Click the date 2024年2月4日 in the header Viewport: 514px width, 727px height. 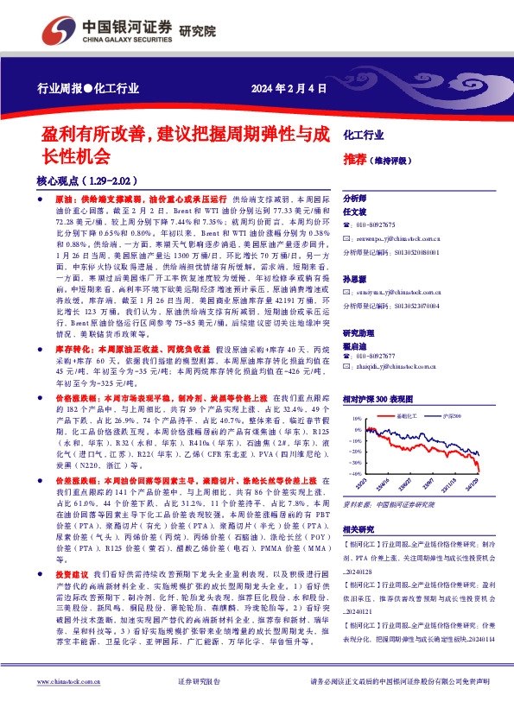click(x=289, y=87)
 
